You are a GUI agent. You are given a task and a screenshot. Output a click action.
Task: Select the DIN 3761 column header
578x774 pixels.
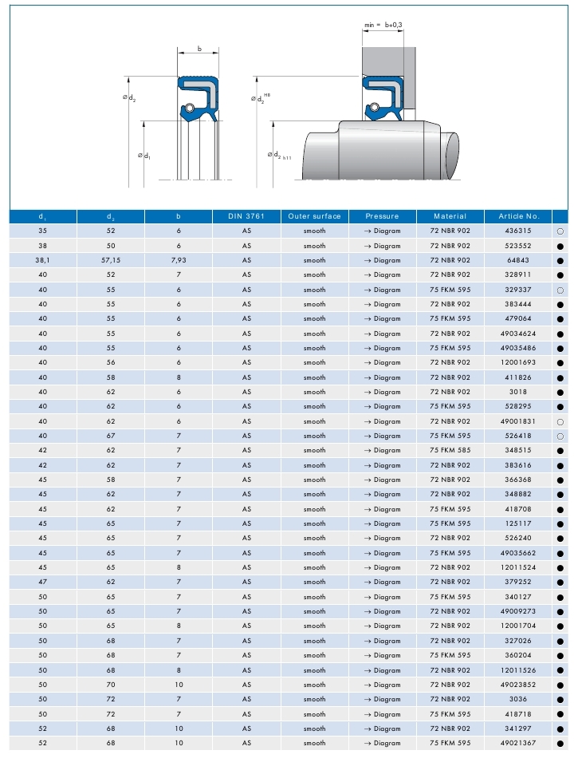tap(246, 216)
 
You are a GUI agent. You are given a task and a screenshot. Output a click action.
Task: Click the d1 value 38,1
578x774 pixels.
tap(43, 260)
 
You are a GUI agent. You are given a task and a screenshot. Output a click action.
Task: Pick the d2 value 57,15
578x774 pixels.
tap(111, 260)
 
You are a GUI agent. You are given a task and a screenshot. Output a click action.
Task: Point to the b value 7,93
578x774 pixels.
tap(179, 260)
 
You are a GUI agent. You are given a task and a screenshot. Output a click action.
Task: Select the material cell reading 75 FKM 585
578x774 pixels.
tap(450, 450)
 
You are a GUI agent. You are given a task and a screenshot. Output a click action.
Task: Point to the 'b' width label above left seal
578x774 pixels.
tap(199, 49)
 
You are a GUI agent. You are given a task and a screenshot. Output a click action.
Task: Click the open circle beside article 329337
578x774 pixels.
tap(560, 290)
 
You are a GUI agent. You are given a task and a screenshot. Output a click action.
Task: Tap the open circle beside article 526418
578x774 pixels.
tap(560, 436)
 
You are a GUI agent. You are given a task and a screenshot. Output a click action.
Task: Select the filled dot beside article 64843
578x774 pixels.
tap(560, 260)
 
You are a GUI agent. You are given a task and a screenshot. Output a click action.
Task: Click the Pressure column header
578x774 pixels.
tap(382, 216)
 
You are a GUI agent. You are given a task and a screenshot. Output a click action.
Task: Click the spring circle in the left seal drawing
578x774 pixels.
tap(191, 107)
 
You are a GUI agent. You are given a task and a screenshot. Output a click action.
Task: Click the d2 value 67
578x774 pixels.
tap(111, 436)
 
